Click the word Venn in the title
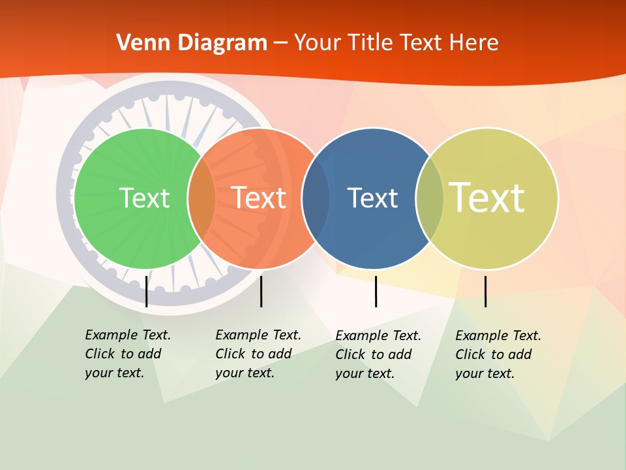click(x=140, y=43)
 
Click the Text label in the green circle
click(x=144, y=198)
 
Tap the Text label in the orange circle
click(x=259, y=198)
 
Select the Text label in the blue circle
click(x=372, y=198)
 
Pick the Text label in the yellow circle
click(x=487, y=198)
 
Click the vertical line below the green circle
click(x=147, y=291)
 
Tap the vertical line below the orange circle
click(x=261, y=291)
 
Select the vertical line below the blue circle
click(x=376, y=291)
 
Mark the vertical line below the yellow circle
click(x=485, y=291)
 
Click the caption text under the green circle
click(x=127, y=354)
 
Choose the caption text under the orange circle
click(x=258, y=354)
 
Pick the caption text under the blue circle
click(x=378, y=354)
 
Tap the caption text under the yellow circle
click(x=498, y=354)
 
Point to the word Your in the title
click(x=318, y=43)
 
